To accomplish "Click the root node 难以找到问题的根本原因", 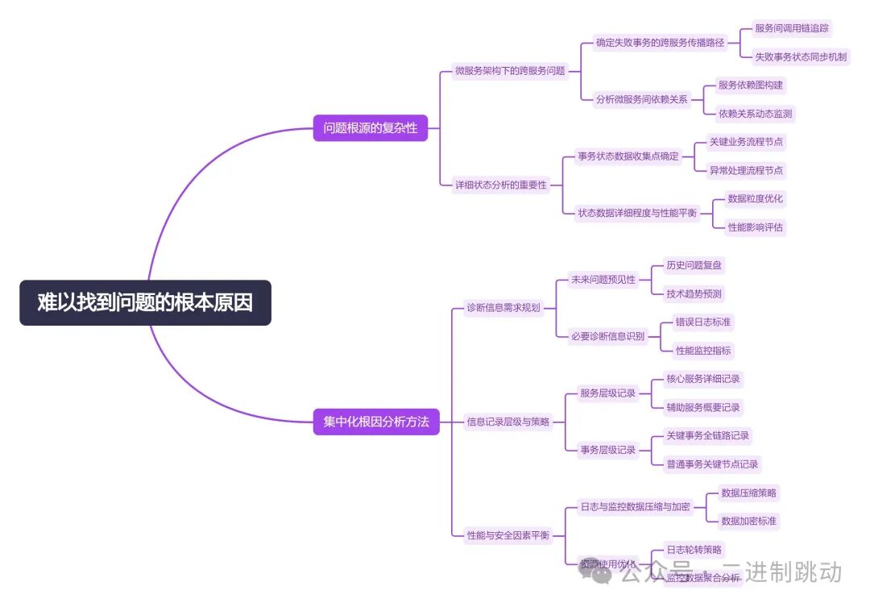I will click(145, 302).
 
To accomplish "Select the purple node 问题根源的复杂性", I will click(371, 127).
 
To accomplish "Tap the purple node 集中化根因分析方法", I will click(375, 422).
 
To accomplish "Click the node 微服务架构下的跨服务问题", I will click(510, 71).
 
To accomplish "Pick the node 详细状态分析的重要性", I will click(500, 185).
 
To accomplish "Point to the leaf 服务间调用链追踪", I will click(791, 28).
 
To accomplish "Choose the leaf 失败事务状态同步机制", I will click(800, 56).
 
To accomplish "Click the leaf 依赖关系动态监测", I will click(756, 114).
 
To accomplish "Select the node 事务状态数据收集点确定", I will click(628, 156).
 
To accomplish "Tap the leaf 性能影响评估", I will click(755, 227).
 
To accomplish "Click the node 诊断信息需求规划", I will click(503, 307).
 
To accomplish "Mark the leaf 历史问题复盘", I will click(694, 265).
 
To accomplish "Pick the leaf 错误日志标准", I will click(703, 322).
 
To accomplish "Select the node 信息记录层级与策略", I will click(508, 421).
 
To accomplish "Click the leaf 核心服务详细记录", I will click(702, 379).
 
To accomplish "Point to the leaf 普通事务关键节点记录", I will click(712, 464).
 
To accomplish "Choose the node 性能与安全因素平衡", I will click(508, 535).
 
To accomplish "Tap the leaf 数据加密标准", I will click(749, 521).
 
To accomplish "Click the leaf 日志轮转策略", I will click(694, 550).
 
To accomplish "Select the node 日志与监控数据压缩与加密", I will click(635, 507).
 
